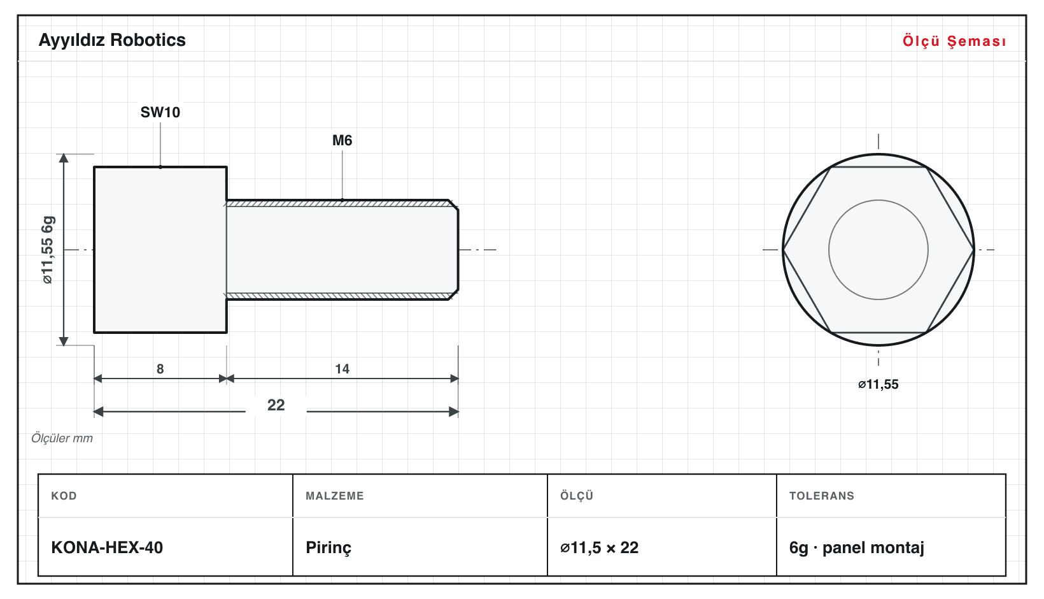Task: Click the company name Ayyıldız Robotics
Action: tap(112, 41)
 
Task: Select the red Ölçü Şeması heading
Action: tap(954, 41)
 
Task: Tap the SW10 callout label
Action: tap(160, 112)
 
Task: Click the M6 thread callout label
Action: tap(342, 140)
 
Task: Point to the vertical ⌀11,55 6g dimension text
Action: tap(48, 250)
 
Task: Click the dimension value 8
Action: tap(160, 369)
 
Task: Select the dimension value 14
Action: tap(342, 369)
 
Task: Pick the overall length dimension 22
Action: tap(276, 405)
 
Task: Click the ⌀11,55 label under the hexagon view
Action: tap(878, 384)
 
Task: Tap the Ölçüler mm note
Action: tap(62, 438)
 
